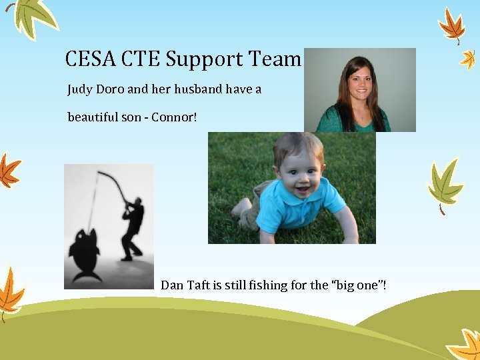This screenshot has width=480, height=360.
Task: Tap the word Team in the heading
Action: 275,59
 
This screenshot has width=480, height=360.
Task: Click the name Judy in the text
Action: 81,89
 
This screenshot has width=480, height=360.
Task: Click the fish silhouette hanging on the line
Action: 84,253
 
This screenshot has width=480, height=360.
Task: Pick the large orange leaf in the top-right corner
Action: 453,25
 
